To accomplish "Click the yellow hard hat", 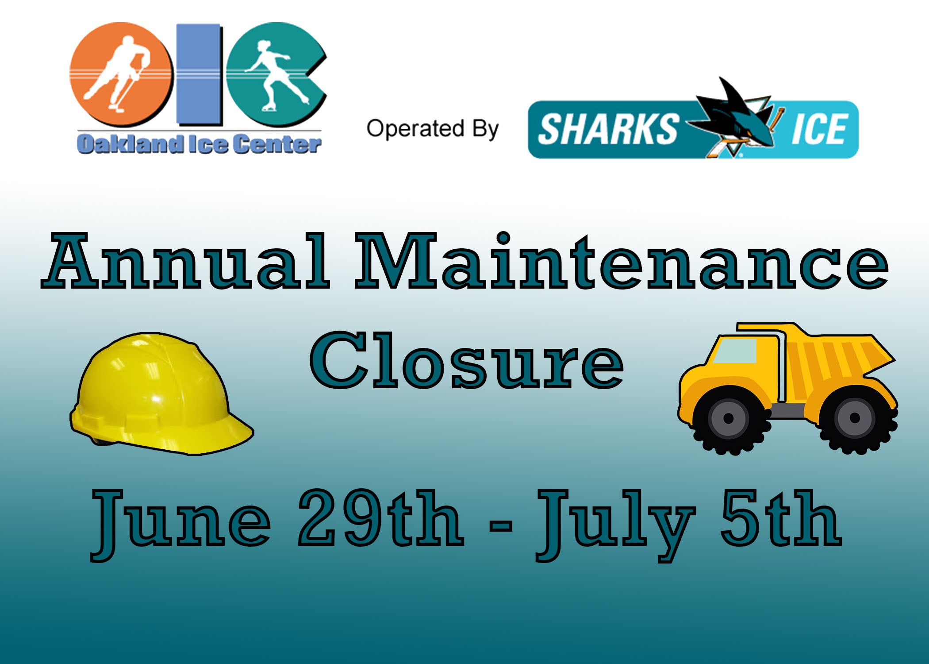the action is [x=161, y=394].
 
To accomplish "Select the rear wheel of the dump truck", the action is [x=855, y=419].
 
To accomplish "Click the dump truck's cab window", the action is [x=735, y=351].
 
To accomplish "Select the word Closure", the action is [x=467, y=360].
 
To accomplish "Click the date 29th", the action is [x=381, y=517].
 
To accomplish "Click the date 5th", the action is [x=781, y=517].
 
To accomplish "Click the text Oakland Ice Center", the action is [x=199, y=144].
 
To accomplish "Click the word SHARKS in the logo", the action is [x=608, y=129].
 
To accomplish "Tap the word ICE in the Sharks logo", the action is [x=819, y=129].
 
